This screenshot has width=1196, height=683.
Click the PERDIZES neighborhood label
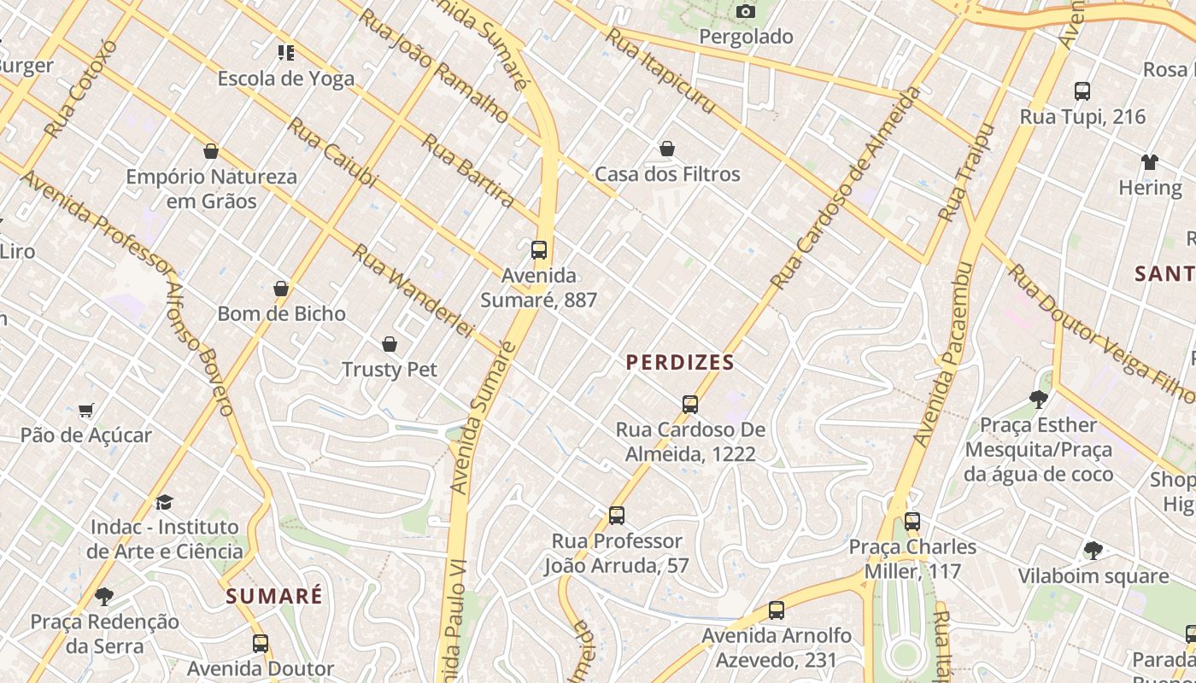click(x=680, y=363)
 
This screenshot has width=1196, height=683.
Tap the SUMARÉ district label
click(x=274, y=596)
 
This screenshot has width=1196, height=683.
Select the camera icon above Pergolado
click(x=746, y=11)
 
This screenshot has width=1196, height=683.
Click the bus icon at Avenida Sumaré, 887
click(x=539, y=249)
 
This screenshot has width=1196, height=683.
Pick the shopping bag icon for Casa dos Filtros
click(x=667, y=149)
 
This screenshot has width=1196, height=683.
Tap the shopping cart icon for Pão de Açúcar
click(x=85, y=411)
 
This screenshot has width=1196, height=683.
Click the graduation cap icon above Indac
click(x=164, y=502)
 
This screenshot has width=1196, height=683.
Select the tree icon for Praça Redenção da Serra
click(x=104, y=596)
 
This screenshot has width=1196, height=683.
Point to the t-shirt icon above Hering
click(x=1150, y=162)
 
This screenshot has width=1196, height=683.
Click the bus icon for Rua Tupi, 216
click(x=1082, y=90)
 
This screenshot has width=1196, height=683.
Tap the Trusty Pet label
click(x=390, y=370)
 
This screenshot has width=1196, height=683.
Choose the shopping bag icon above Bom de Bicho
click(x=281, y=289)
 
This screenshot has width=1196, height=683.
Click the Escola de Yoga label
click(x=285, y=79)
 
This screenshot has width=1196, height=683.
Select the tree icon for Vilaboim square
click(x=1093, y=551)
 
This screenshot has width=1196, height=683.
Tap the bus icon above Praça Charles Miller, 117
click(x=912, y=521)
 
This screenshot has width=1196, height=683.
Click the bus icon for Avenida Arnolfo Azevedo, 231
click(x=776, y=610)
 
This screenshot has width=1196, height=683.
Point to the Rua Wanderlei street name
click(x=413, y=290)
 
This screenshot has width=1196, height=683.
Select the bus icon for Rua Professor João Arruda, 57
click(x=617, y=516)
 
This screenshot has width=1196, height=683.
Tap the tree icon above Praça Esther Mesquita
click(x=1038, y=399)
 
